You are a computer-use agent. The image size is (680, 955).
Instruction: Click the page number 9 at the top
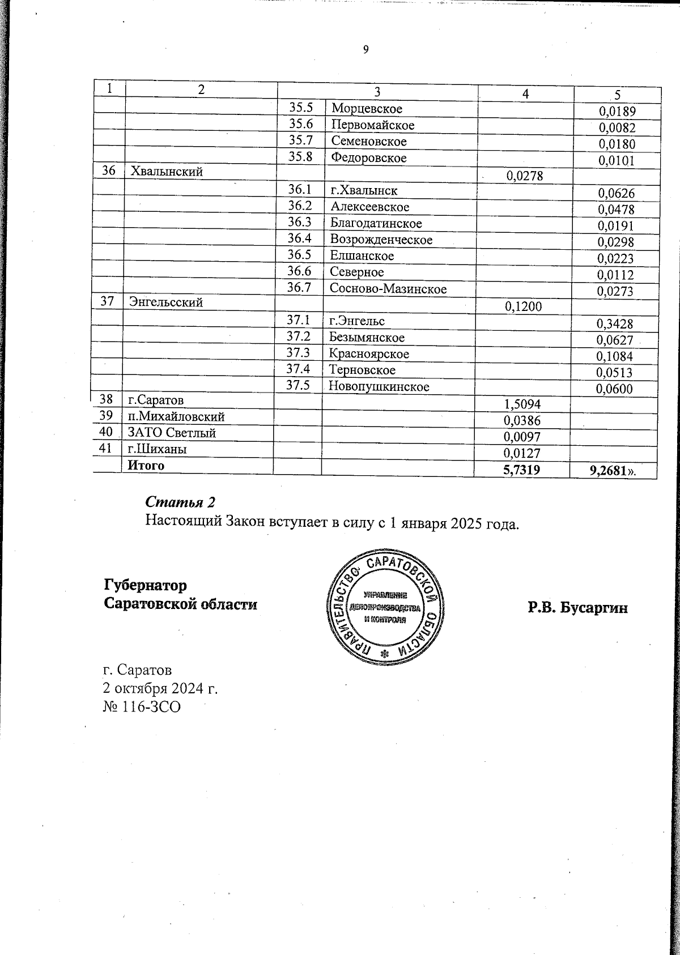tap(365, 49)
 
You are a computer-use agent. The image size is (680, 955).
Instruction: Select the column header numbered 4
tap(525, 94)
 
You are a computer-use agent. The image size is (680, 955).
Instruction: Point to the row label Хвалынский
tap(167, 170)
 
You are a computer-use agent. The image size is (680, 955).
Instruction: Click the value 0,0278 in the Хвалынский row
tap(525, 177)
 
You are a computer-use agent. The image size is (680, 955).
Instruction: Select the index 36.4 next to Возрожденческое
tap(299, 239)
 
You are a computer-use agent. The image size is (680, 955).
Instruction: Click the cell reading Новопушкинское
tap(379, 387)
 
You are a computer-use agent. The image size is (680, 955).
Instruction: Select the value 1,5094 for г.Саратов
tap(522, 404)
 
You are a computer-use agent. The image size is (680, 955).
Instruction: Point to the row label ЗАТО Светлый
tap(171, 433)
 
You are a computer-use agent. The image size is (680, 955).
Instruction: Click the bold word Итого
tap(146, 466)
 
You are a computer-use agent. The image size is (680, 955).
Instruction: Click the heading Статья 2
tap(181, 502)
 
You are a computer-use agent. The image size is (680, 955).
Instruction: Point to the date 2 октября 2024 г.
tap(160, 688)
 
